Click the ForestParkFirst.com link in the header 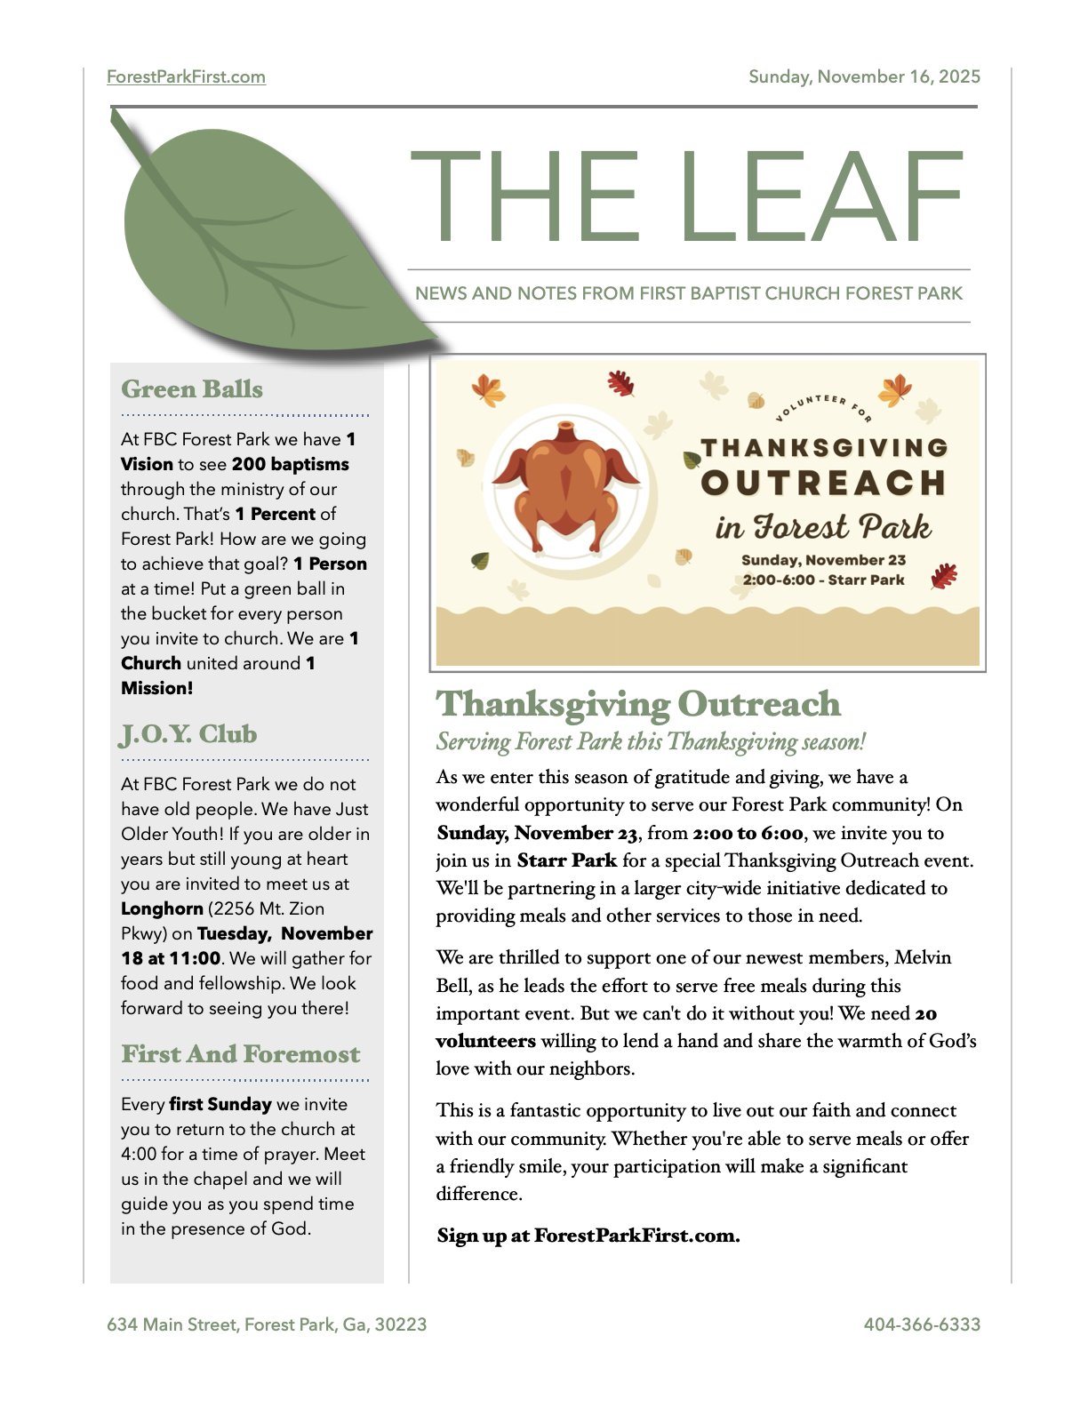[186, 76]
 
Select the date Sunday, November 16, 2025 [864, 76]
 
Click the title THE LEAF [686, 196]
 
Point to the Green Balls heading [192, 389]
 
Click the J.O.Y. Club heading [188, 734]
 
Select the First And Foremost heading [240, 1054]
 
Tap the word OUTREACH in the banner [823, 483]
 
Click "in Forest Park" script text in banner [823, 527]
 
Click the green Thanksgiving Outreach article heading [637, 704]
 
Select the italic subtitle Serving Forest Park [650, 741]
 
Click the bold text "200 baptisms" [290, 464]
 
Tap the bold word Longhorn [162, 908]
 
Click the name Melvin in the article [923, 957]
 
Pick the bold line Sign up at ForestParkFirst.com [588, 1236]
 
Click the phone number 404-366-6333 [922, 1324]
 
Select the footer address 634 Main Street [267, 1324]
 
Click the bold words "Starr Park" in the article [566, 860]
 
